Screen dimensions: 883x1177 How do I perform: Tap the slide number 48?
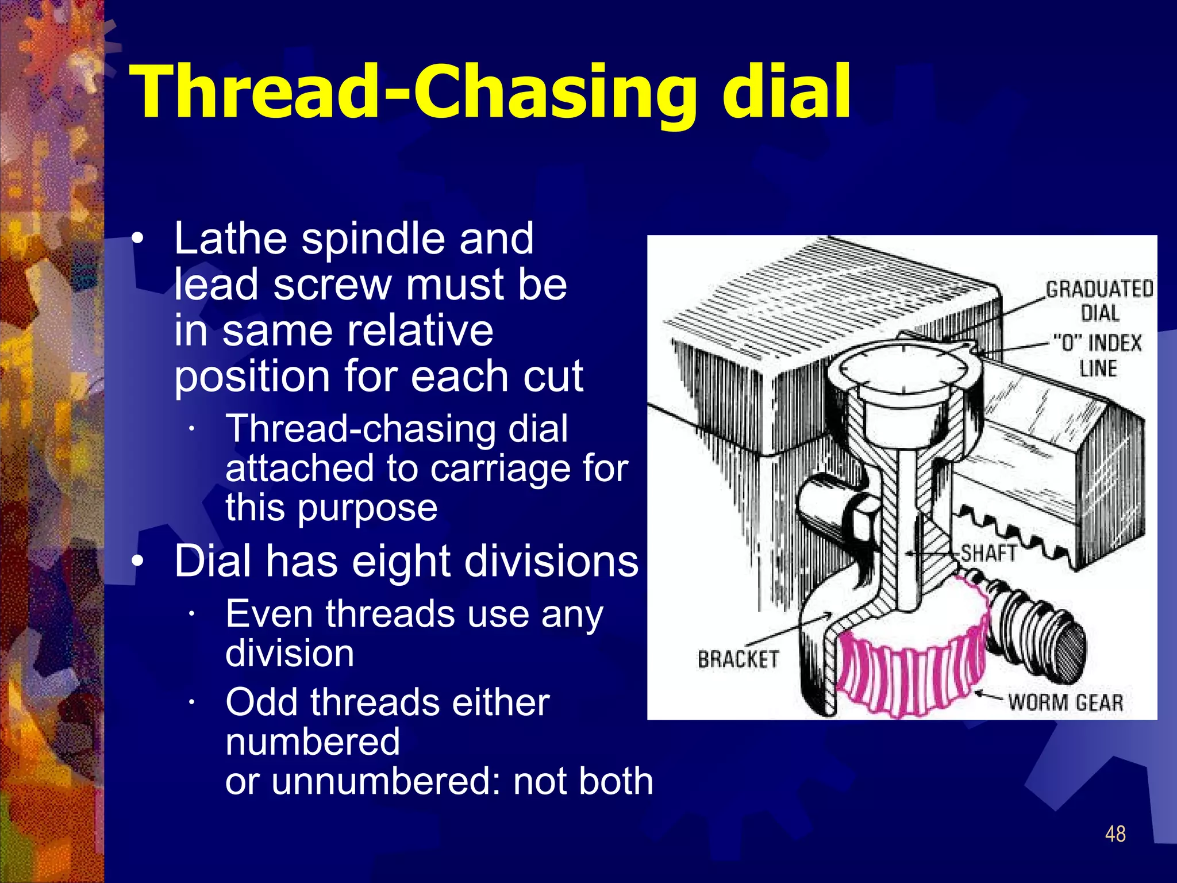1115,834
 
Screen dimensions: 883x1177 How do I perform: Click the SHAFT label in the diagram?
988,553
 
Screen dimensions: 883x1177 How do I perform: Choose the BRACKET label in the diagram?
738,659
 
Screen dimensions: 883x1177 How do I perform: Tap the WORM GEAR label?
1065,702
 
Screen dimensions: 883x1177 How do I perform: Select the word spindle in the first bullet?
374,239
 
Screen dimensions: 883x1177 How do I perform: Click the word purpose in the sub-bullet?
367,508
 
